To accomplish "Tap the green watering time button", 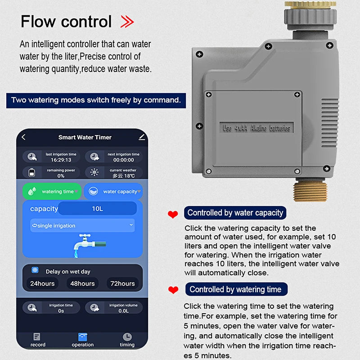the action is pos(52,191).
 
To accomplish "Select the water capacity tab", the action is pos(113,191).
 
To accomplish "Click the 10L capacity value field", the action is pos(97,208).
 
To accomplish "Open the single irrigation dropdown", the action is pos(82,225).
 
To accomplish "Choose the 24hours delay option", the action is pos(42,283).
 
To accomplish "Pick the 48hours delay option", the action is pos(82,283).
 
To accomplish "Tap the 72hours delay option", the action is pos(122,283).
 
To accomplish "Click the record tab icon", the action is pos(37,337).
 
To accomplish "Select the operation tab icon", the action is pos(83,337).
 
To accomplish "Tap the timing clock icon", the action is pos(127,337).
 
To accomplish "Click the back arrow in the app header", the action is pos(24,137).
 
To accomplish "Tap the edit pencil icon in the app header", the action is pos(142,137).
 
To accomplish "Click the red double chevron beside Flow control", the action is pos(127,22).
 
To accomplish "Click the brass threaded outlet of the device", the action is pos(310,190).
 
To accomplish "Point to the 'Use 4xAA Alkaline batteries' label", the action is pos(256,128).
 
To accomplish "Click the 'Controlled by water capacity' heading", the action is pos(235,212).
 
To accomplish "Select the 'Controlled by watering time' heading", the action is pos(236,289).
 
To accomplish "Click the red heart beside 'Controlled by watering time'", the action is pos(173,290).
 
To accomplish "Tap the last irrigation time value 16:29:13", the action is pos(61,160).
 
